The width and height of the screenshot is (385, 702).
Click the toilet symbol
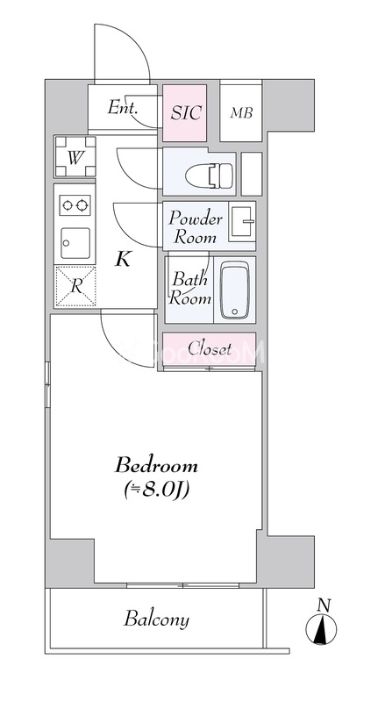tap(209, 175)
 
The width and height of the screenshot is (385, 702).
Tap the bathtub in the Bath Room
tap(235, 290)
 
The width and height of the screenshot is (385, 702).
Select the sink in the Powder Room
tap(242, 222)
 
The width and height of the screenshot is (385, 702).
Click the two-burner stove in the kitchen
tap(75, 205)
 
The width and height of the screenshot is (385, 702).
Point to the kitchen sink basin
tap(75, 244)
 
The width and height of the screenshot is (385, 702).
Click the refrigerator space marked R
tap(75, 286)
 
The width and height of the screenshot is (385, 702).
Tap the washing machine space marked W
tap(75, 157)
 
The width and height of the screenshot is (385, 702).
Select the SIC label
tap(186, 112)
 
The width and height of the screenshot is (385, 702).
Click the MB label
tap(241, 113)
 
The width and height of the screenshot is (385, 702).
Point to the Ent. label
tap(122, 107)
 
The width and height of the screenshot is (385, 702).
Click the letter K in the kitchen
tap(123, 259)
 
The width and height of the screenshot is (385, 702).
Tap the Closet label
tap(210, 348)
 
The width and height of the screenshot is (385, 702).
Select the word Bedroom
tap(156, 466)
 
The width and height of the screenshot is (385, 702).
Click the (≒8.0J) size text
tap(156, 491)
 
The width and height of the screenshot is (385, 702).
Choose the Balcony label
tap(157, 620)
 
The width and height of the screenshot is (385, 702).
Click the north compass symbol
tap(322, 629)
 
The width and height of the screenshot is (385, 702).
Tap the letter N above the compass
tap(324, 605)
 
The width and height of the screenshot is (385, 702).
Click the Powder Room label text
tap(196, 228)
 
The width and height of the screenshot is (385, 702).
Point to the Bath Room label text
tap(189, 289)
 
